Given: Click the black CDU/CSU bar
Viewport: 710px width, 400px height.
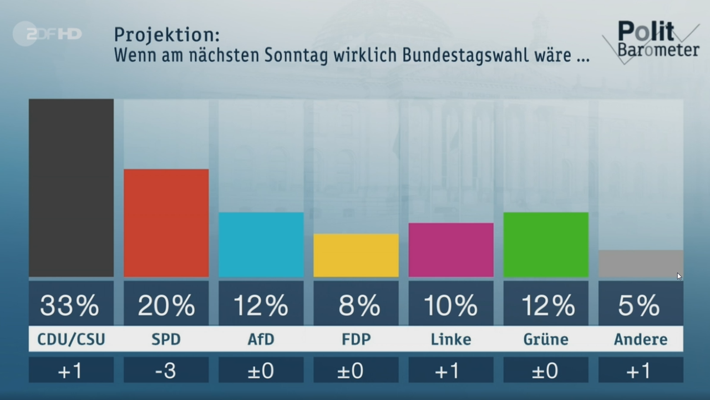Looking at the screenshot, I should [71, 188].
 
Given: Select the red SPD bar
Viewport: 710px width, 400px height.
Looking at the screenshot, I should [166, 223].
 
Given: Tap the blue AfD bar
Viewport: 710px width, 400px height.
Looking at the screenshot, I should [261, 244].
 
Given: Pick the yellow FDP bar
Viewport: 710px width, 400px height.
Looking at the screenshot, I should [356, 255].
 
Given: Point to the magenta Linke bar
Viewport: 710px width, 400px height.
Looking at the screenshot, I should [451, 249].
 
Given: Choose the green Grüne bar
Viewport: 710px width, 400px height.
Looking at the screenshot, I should [546, 244].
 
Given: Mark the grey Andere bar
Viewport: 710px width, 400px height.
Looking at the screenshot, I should [641, 263].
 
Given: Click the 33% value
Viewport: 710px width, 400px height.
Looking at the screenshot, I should [70, 305].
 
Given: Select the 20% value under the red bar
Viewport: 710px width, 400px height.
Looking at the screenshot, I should [166, 305].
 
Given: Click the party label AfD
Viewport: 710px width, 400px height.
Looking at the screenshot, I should [261, 339].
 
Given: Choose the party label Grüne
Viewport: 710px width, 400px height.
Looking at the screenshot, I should [546, 339].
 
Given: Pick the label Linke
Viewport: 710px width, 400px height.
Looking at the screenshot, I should [451, 339].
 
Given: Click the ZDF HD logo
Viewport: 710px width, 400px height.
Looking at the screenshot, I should [47, 34].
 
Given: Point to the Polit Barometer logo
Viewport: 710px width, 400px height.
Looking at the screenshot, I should [652, 40].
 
